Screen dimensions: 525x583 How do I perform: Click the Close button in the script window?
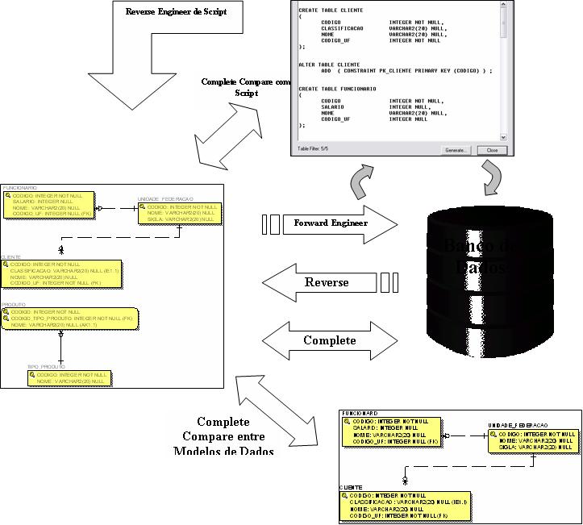click(x=492, y=150)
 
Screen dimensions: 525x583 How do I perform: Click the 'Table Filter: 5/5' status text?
click(x=313, y=149)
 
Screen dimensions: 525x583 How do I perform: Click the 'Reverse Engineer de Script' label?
click(x=176, y=11)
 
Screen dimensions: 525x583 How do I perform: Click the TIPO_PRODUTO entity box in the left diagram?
click(x=69, y=378)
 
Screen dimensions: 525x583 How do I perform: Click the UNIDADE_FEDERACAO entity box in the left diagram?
click(x=179, y=212)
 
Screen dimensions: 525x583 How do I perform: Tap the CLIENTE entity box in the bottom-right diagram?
click(x=403, y=505)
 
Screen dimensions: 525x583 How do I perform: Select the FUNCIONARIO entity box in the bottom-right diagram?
click(x=391, y=431)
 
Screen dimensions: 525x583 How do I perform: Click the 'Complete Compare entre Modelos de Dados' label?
click(x=223, y=436)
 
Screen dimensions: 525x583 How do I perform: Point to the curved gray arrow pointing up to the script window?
click(x=358, y=181)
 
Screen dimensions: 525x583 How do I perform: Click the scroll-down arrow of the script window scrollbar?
click(x=504, y=137)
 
